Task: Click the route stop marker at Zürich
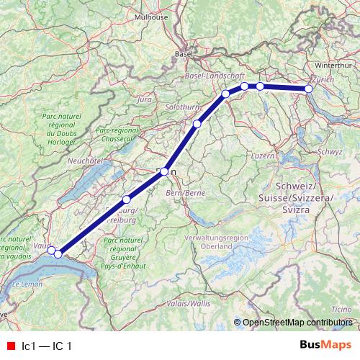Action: coord(309,89)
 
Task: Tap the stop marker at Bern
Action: coord(164,171)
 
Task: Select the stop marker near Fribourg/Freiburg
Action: coord(126,199)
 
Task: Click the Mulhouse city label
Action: coord(170,16)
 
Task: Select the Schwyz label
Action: coord(330,152)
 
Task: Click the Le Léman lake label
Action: coord(26,286)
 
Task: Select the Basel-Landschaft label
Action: coord(215,74)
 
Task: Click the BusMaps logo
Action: coord(325,346)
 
